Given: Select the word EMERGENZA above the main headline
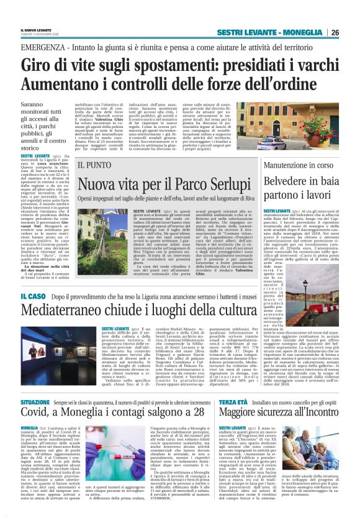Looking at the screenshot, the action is (x=42, y=48).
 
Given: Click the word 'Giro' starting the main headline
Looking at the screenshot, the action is (x=38, y=65).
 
